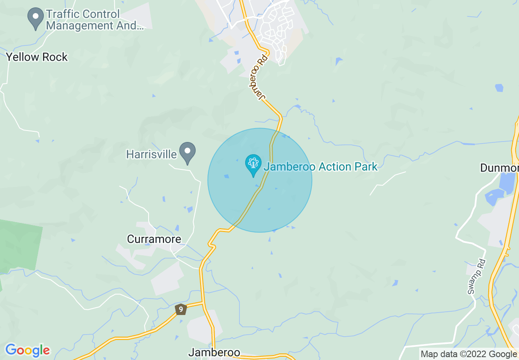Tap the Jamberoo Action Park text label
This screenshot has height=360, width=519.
coord(320,167)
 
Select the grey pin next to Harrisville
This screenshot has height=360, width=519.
coord(188,152)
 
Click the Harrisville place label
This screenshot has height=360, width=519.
coord(151,154)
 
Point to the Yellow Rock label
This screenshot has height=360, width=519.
coord(37,57)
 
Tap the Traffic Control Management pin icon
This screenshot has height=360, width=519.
coord(36,18)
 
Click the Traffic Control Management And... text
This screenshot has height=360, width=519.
coord(95,20)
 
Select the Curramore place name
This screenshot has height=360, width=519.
coord(154,239)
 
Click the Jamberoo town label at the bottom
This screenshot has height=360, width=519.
coord(214,353)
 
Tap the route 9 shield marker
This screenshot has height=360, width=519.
coord(181,309)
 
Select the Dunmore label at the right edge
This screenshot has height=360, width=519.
coord(499,168)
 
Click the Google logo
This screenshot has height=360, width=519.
coord(27,350)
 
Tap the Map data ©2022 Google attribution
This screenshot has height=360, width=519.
coord(469,354)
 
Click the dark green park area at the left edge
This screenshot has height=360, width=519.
coord(18,245)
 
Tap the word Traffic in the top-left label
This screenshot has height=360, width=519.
coord(62,14)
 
